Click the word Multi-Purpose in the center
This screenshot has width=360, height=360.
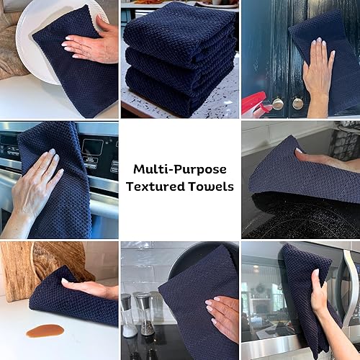179,169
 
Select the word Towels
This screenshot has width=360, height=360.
213,187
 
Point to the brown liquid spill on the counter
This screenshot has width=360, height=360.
45,330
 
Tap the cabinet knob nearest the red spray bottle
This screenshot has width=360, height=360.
278,103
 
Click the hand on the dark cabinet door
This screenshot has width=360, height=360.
317,79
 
